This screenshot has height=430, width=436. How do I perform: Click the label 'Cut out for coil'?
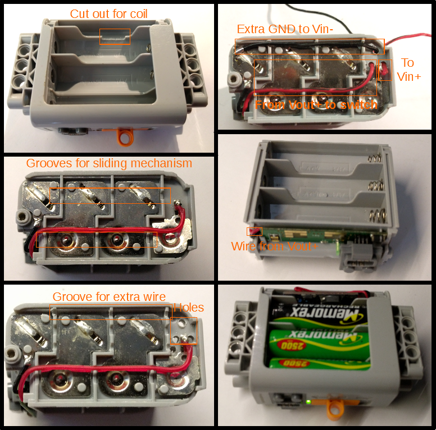click(108, 13)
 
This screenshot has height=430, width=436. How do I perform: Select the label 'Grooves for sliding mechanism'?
click(109, 163)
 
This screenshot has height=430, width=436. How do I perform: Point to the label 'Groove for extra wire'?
click(109, 296)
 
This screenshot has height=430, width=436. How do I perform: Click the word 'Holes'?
click(189, 307)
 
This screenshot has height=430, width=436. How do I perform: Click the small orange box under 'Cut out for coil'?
click(115, 36)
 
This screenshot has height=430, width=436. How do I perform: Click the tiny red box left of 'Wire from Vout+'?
click(251, 231)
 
